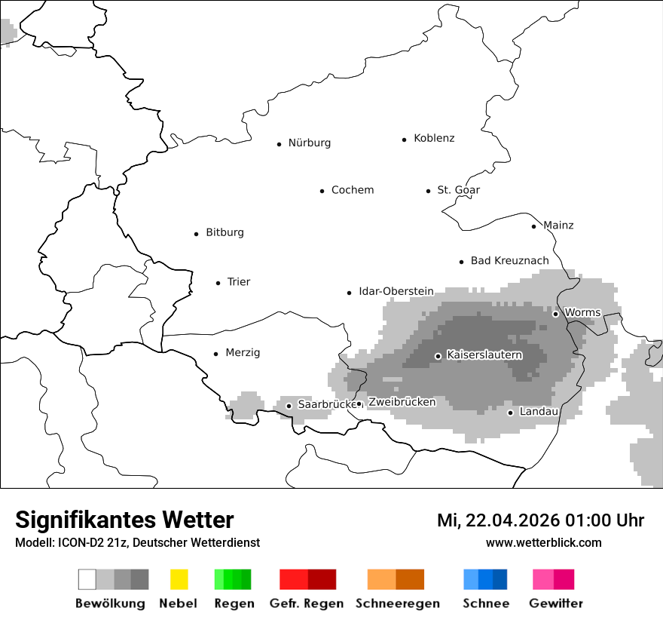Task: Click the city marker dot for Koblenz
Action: (x=405, y=140)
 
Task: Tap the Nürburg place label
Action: (x=309, y=143)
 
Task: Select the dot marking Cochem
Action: (x=322, y=191)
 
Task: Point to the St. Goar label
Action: (x=458, y=190)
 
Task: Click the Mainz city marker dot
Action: (x=533, y=226)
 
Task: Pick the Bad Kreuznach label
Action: (x=509, y=261)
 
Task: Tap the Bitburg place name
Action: (x=225, y=233)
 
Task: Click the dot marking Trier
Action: (x=218, y=283)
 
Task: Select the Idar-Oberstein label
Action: (x=396, y=291)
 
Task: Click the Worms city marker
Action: (x=555, y=314)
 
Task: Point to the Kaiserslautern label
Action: (x=484, y=354)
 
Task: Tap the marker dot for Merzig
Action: (x=215, y=354)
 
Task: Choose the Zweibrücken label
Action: (x=402, y=402)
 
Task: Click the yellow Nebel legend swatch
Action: (x=179, y=579)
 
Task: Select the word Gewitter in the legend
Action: (x=555, y=603)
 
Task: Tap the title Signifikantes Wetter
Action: (x=124, y=520)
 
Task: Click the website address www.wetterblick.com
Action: (x=543, y=542)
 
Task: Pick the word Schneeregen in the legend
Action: (x=397, y=603)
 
